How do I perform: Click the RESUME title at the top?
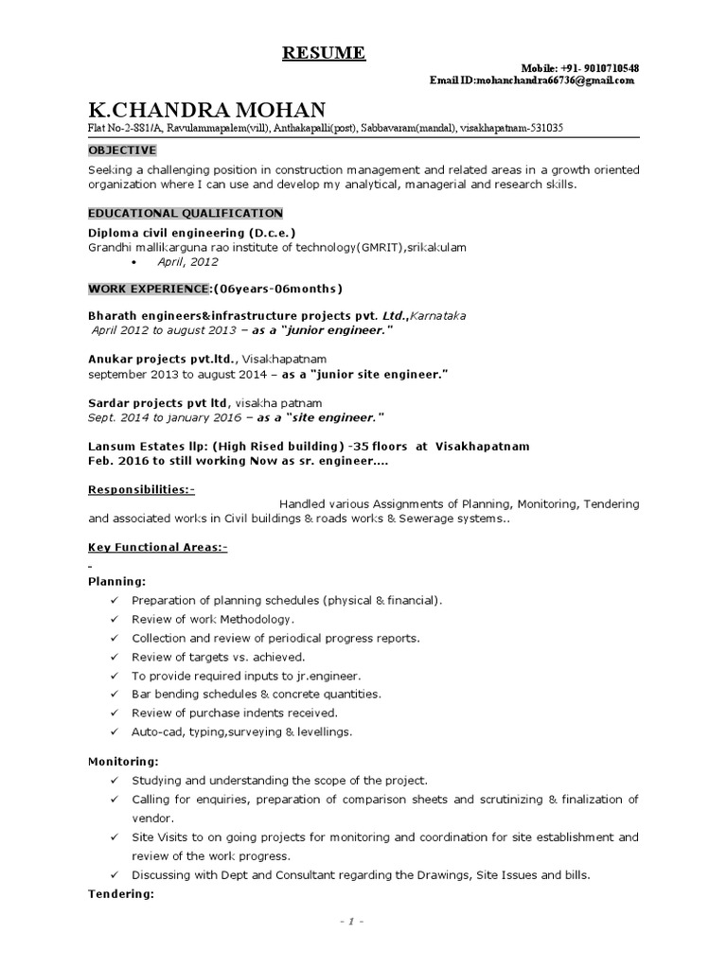pos(324,52)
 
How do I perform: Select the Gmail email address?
pos(555,81)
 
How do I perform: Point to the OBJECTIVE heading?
pos(122,150)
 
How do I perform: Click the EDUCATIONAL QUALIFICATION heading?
pos(186,214)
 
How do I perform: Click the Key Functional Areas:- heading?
pos(158,547)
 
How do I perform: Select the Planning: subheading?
pos(117,581)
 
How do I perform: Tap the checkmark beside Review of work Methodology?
pos(114,619)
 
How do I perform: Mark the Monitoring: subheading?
pos(123,761)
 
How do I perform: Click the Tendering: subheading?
pos(120,893)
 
